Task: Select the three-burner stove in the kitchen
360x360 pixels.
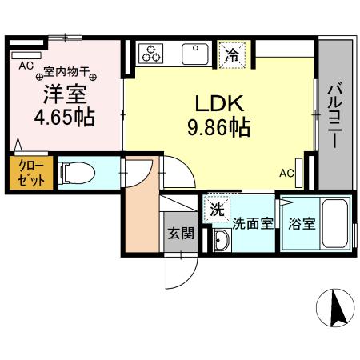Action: [150, 54]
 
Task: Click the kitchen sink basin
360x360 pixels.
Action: [194, 54]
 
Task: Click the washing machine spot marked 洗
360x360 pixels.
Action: [217, 210]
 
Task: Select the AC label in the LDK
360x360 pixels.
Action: [286, 172]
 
